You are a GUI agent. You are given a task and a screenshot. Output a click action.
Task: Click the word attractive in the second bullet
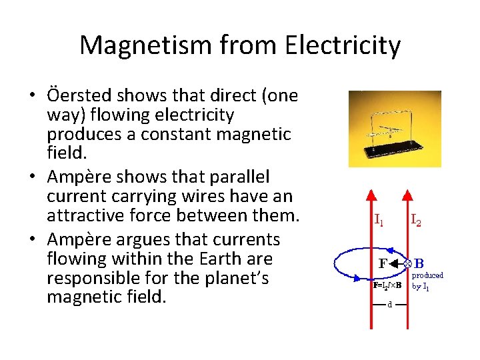click(x=89, y=215)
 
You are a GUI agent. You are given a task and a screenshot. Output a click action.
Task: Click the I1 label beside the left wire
click(x=378, y=219)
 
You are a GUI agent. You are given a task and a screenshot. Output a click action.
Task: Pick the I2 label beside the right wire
click(x=415, y=219)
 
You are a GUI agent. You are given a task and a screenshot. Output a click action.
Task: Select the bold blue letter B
click(x=419, y=264)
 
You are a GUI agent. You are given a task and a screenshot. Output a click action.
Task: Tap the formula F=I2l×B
click(x=386, y=285)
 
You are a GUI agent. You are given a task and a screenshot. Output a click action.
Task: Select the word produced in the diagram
click(x=427, y=275)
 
